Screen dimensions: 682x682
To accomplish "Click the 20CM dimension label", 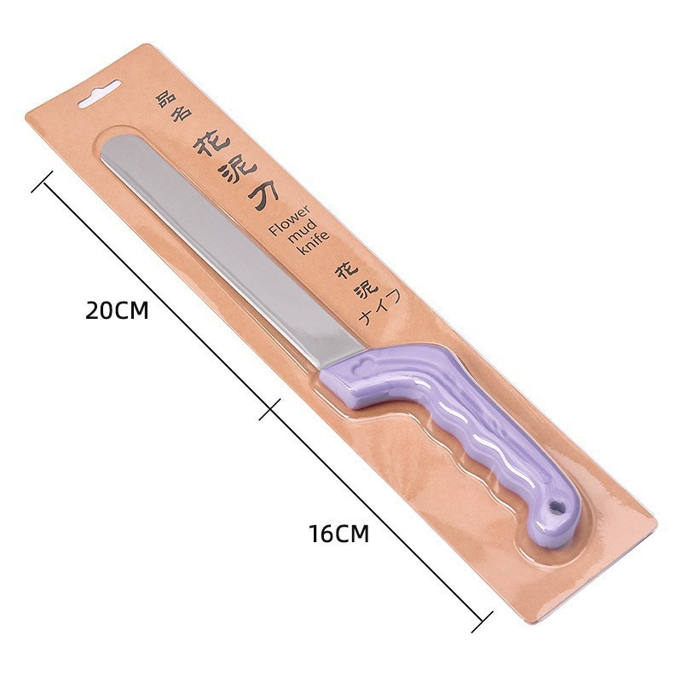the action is [x=117, y=310].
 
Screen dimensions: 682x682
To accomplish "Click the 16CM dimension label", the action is [x=339, y=534].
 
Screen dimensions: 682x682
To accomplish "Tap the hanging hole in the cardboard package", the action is [x=99, y=94].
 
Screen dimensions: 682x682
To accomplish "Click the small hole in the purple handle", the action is [x=556, y=506].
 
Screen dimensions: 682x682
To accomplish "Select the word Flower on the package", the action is [x=290, y=221].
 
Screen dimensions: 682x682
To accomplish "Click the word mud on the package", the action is [x=303, y=231].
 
